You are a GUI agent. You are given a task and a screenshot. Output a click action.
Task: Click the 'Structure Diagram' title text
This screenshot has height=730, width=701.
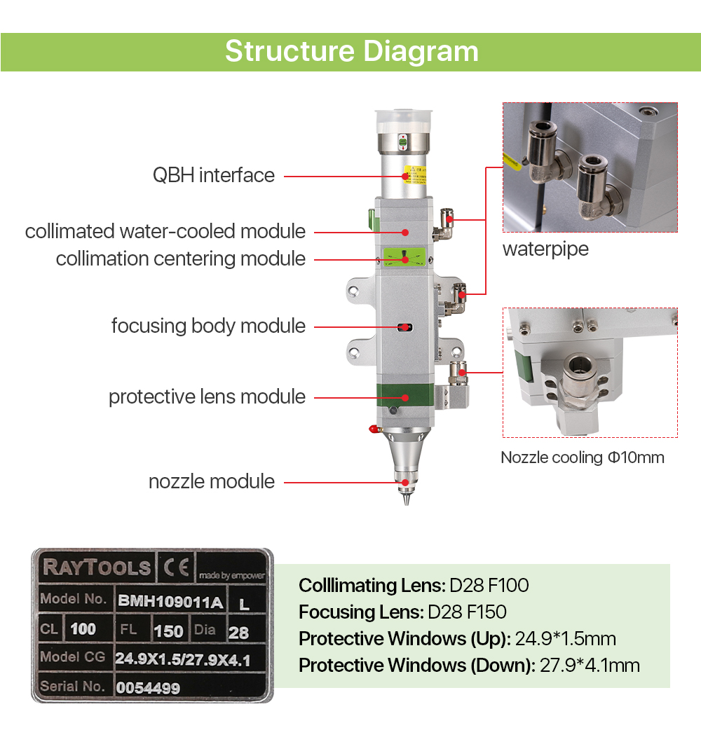[352, 52]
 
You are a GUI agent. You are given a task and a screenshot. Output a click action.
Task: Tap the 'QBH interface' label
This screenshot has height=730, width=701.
[214, 176]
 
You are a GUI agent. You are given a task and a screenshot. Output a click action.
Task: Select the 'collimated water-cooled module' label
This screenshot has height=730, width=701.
[165, 231]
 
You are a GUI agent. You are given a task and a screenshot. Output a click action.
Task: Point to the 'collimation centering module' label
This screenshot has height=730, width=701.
[181, 259]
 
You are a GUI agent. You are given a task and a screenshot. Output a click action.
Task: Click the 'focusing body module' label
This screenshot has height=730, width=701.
[208, 326]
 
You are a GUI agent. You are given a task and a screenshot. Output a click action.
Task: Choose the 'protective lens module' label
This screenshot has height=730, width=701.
[207, 397]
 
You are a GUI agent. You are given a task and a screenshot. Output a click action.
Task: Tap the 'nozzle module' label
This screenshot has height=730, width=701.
[212, 481]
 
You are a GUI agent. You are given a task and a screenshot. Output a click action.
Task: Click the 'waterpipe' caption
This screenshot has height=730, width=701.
[545, 249]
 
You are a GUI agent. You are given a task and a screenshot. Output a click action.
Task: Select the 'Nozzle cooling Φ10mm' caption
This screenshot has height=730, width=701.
[583, 457]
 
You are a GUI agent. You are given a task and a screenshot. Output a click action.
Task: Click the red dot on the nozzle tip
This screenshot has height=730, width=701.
[406, 483]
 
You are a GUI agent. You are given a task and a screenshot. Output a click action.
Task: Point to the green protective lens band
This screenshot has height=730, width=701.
[405, 395]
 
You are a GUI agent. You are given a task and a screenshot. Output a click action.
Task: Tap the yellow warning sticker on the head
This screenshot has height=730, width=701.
[414, 174]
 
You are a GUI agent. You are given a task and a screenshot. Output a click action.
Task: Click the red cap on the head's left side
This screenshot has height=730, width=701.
[373, 429]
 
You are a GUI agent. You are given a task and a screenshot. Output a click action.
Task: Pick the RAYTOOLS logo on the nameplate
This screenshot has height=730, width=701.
[97, 567]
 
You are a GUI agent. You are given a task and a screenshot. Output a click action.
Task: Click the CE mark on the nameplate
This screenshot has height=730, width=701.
[177, 567]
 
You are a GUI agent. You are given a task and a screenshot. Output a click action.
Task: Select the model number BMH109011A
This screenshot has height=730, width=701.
[170, 602]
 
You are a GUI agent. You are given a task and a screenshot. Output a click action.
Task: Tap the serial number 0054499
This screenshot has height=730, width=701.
[148, 688]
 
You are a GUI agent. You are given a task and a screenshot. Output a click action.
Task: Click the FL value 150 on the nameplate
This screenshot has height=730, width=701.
[168, 631]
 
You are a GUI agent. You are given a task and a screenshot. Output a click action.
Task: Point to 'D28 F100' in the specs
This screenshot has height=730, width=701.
[489, 586]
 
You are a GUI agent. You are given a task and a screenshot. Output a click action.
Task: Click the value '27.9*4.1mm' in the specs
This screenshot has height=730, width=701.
[590, 666]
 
